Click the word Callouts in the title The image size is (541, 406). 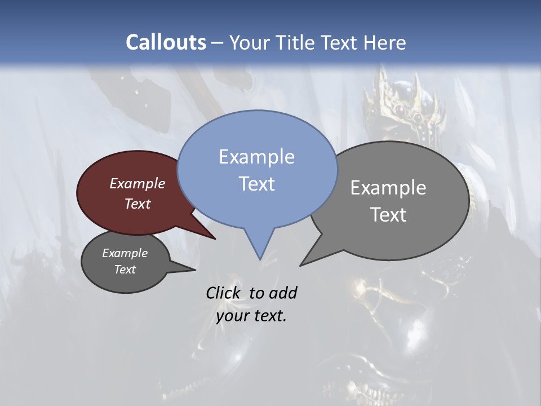coord(166,42)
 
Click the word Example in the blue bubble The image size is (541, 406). coord(256,157)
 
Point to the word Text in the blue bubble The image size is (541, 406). coord(256,184)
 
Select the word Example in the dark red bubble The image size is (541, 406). coord(138,183)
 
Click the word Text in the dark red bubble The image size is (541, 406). coord(138,204)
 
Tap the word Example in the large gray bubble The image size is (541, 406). coord(388,188)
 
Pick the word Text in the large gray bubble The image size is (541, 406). coord(388,215)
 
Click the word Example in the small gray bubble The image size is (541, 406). coord(125,253)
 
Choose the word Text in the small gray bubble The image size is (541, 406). coord(125,270)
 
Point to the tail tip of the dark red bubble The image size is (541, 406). coord(214,239)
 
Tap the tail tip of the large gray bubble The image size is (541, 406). coord(301,264)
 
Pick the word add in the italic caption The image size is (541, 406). coord(283,293)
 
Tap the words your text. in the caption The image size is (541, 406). coord(251,316)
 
